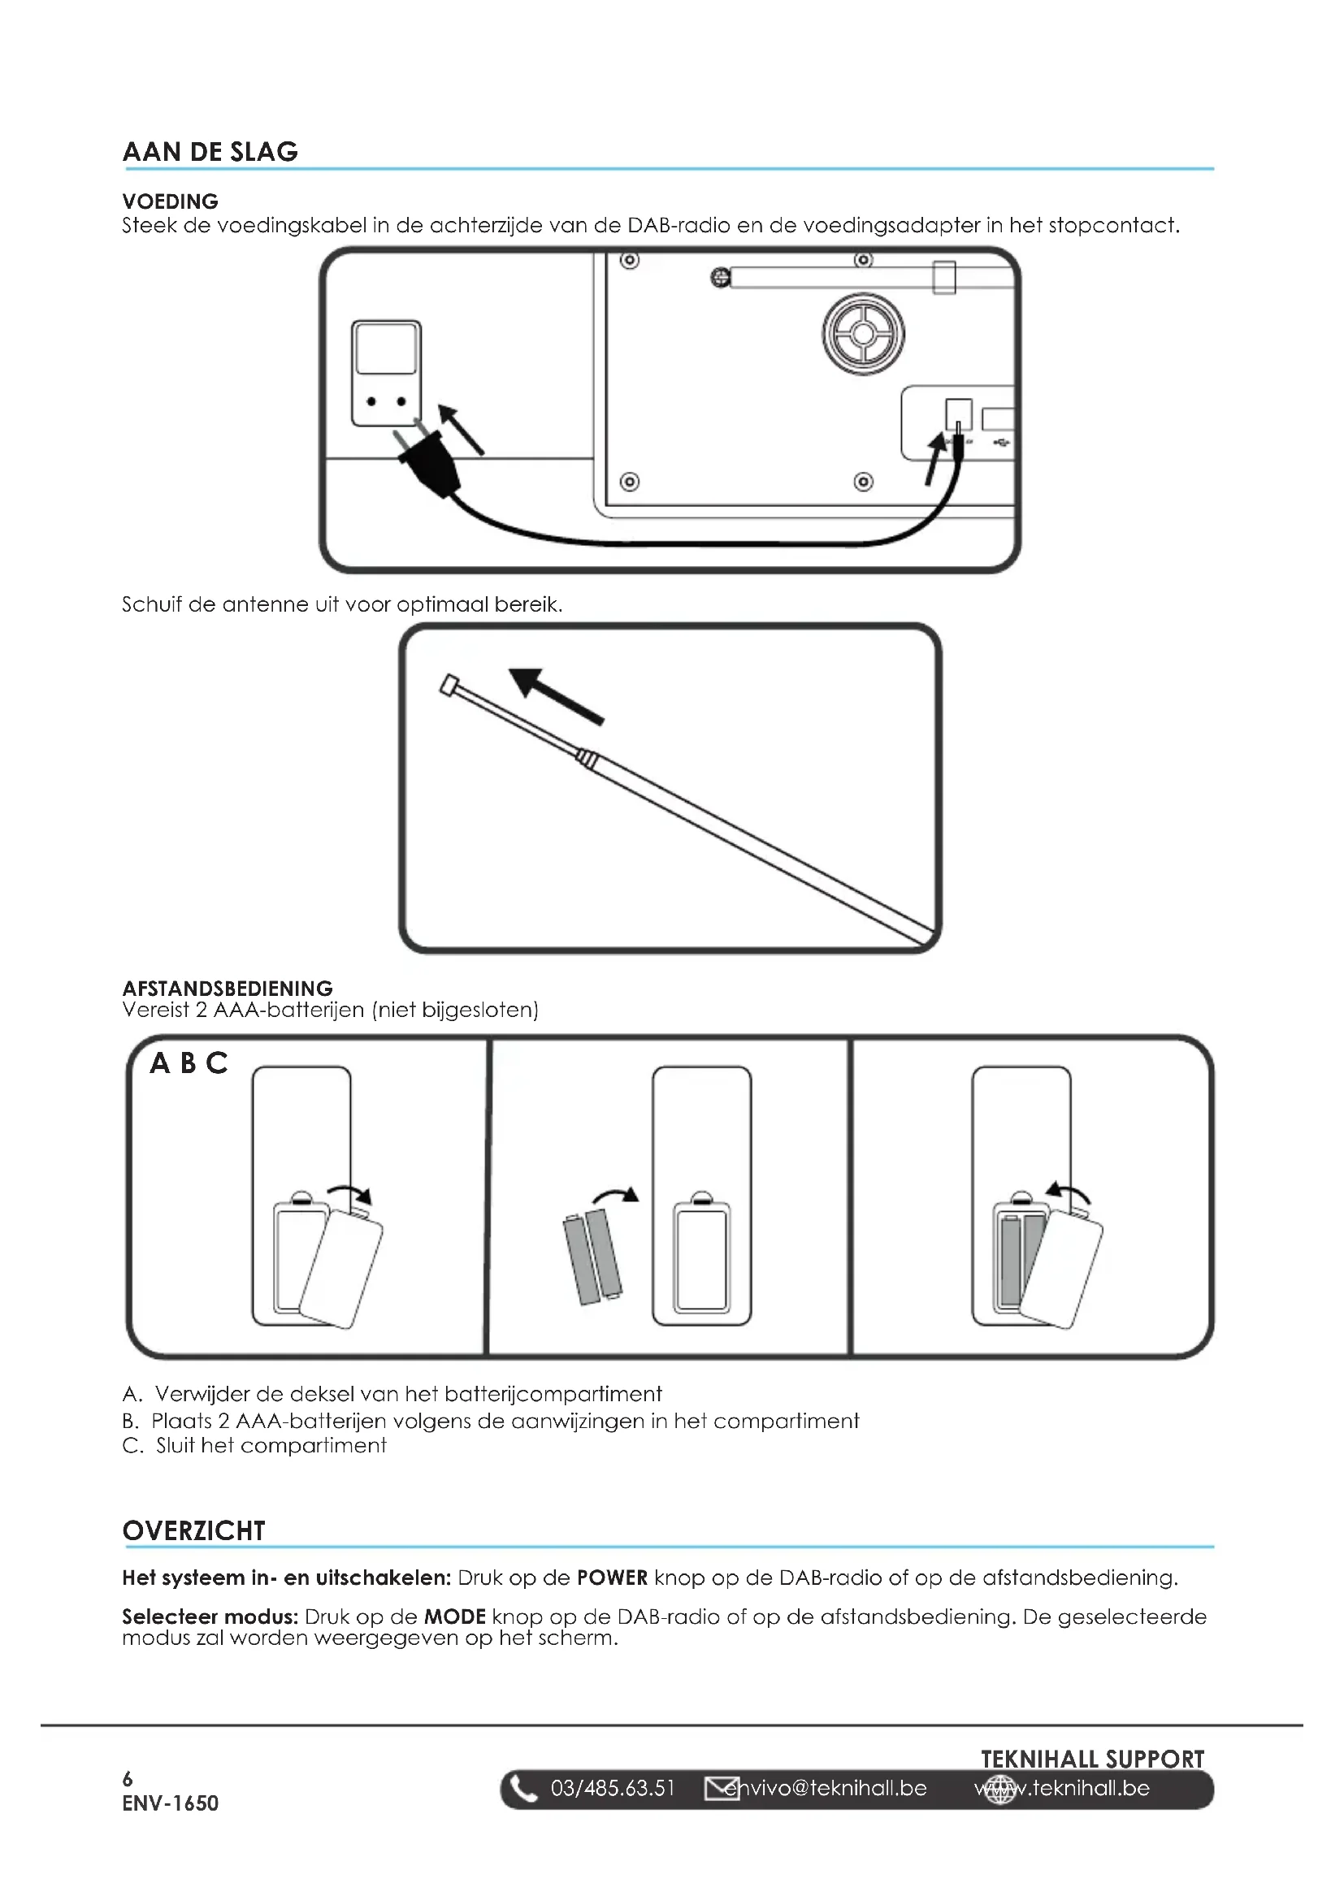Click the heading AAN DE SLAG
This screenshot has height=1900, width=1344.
coord(210,152)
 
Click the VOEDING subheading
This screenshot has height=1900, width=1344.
coord(171,201)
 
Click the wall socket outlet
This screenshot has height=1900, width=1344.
coord(387,374)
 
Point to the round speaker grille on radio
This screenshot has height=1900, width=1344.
coord(862,334)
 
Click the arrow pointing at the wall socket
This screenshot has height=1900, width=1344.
coord(460,430)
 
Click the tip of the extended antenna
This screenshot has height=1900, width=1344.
coord(449,686)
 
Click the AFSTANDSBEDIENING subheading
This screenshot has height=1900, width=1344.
coord(228,988)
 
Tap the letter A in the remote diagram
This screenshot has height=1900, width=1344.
coord(160,1063)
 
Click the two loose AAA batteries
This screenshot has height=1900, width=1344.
coord(592,1256)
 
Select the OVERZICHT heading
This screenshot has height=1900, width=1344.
coord(193,1531)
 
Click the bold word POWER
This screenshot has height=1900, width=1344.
coord(613,1578)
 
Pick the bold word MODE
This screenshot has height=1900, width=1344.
coord(454,1617)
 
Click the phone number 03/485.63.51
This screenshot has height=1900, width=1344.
coord(613,1789)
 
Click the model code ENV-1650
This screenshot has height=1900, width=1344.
coord(171,1804)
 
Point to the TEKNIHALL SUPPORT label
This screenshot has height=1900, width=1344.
coord(1092,1759)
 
